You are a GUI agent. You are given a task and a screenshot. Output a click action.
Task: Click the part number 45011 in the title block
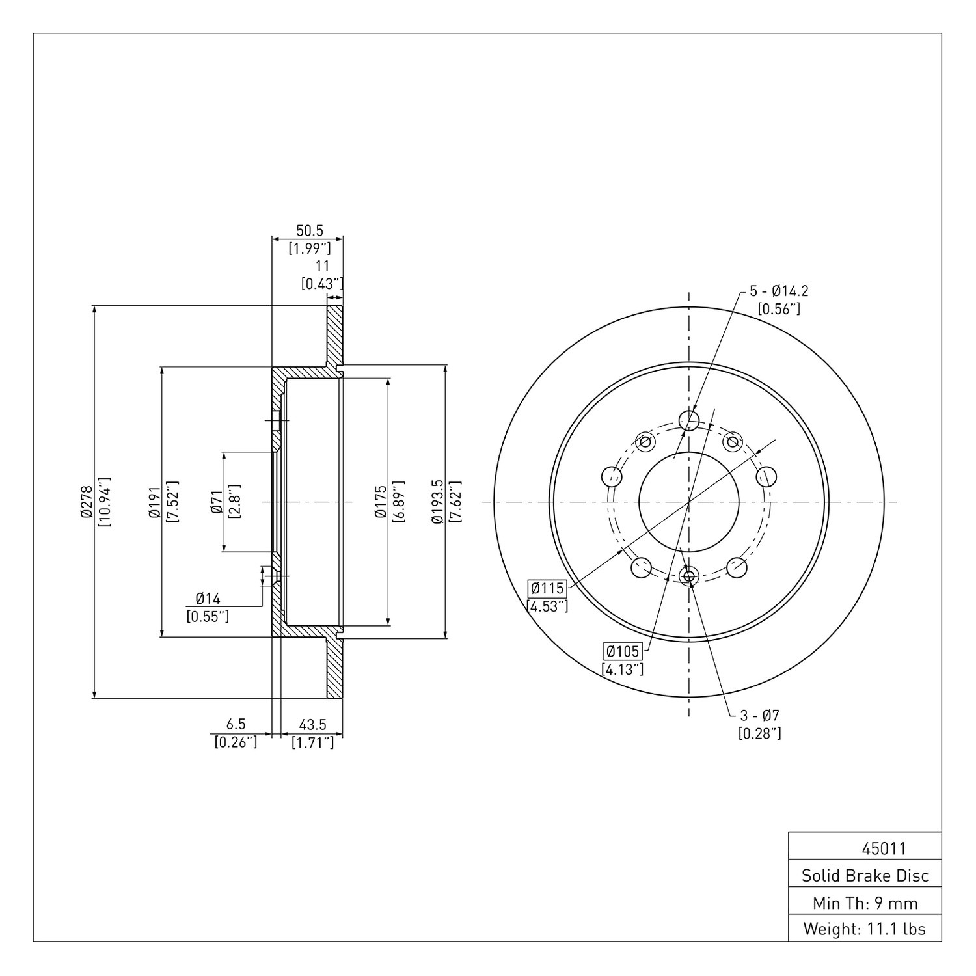(x=884, y=848)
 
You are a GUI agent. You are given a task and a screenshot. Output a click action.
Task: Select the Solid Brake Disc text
(x=865, y=876)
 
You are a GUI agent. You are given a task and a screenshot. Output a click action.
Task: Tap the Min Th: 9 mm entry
(x=865, y=902)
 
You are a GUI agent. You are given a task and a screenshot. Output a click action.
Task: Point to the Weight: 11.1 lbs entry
(x=865, y=929)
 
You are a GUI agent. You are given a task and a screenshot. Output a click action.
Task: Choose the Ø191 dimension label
(x=154, y=502)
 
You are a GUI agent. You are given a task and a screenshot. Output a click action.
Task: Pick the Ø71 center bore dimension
(x=217, y=502)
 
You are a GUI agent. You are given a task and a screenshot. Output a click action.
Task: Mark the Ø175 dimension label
(x=381, y=502)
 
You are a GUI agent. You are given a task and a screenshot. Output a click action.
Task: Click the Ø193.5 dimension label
(x=437, y=502)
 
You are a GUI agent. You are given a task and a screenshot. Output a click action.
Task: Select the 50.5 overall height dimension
(x=310, y=231)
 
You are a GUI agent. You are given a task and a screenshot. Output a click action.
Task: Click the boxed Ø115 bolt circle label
(x=547, y=588)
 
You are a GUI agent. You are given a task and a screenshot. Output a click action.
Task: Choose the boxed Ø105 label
(x=623, y=651)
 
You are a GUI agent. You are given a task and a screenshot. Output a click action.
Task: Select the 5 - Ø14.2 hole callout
(x=779, y=291)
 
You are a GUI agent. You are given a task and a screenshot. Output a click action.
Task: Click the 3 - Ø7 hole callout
(x=759, y=715)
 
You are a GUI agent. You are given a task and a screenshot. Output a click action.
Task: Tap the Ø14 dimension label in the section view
(x=208, y=598)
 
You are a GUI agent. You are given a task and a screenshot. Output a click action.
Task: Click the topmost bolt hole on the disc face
(x=689, y=420)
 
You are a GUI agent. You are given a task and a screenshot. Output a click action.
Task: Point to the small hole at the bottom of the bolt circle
(x=689, y=575)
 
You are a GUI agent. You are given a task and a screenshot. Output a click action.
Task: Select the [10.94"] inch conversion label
(x=103, y=502)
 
